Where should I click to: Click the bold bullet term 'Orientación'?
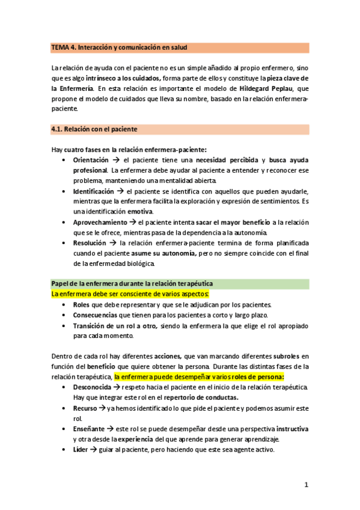point(91,160)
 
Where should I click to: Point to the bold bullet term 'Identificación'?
point(93,191)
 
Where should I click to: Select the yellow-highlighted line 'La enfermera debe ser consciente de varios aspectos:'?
point(130,293)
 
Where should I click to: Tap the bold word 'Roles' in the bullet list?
point(82,305)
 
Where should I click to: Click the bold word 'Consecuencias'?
point(96,315)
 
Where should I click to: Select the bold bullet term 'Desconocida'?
point(92,387)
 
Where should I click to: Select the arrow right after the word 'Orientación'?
point(115,160)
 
